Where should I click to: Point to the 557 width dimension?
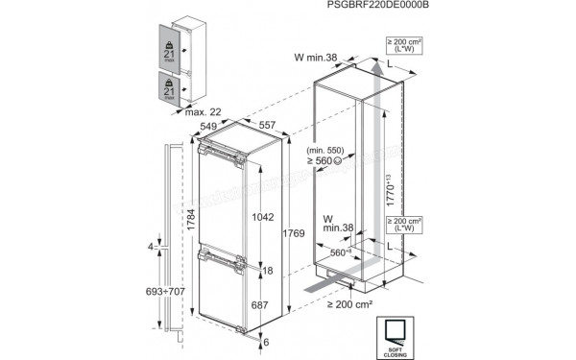point(268,126)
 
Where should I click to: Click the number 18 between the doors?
point(268,271)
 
